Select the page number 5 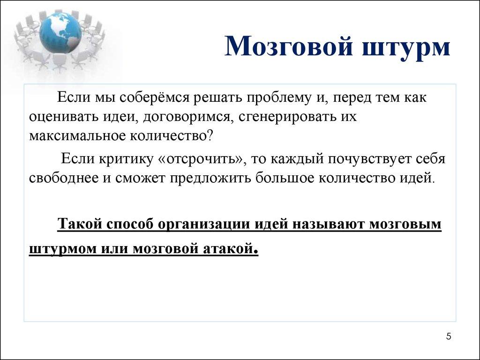(x=449, y=337)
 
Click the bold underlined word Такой (x=82, y=224)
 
